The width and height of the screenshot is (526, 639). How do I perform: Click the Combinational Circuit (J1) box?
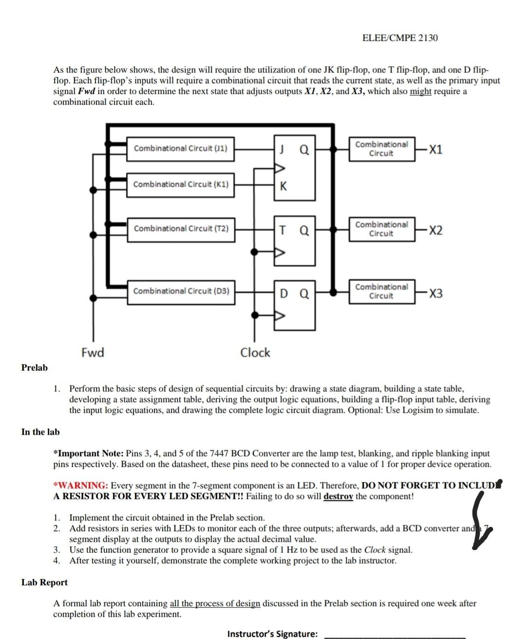point(180,148)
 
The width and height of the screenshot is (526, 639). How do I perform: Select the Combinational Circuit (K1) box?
point(180,184)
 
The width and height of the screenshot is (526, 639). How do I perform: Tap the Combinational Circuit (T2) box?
point(180,229)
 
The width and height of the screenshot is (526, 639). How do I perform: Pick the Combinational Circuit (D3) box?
point(181,291)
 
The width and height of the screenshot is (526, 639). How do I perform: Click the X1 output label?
point(436,149)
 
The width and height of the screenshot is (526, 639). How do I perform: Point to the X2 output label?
point(436,230)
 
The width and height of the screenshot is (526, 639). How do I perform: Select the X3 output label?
point(436,293)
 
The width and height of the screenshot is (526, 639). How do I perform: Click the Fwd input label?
point(93,352)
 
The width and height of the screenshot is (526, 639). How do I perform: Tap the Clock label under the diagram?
point(255,352)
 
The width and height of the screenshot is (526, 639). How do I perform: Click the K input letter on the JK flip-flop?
point(283,186)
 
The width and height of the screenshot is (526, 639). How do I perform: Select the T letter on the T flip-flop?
point(283,230)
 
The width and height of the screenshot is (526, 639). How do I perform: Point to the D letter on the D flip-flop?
point(284,293)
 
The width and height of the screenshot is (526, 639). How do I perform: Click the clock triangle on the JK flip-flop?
point(280,168)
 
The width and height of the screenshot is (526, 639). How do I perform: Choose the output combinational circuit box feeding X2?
point(381,229)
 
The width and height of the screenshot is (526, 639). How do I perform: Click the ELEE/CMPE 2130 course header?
point(400,38)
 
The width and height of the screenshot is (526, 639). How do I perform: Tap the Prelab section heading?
point(35,367)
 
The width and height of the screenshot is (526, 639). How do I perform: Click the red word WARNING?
point(82,485)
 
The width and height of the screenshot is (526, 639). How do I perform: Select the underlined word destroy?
point(338,496)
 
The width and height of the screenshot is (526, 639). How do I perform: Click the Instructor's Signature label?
point(272,634)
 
